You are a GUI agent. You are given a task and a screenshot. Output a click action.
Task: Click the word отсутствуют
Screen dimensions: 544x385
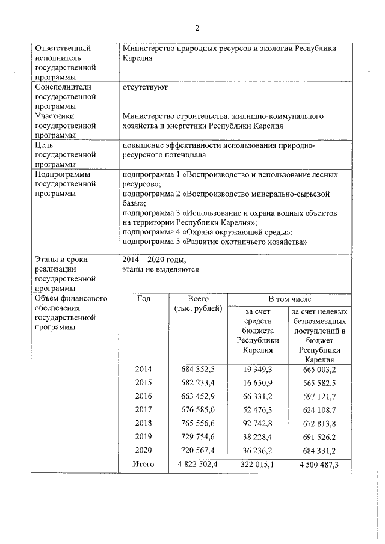(144, 87)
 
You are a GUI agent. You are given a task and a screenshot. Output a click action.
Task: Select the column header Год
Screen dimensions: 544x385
(143, 299)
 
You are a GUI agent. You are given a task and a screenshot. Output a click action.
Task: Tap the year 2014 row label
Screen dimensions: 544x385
(143, 369)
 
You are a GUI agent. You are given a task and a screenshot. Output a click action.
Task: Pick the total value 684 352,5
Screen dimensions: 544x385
(198, 369)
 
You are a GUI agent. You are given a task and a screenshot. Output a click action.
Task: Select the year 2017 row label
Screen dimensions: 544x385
(143, 410)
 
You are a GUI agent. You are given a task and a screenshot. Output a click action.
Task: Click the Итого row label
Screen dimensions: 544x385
(143, 464)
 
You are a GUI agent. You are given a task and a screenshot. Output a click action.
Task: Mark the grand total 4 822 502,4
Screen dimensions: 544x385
(198, 464)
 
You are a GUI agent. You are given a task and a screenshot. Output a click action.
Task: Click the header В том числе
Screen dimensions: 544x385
(289, 299)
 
